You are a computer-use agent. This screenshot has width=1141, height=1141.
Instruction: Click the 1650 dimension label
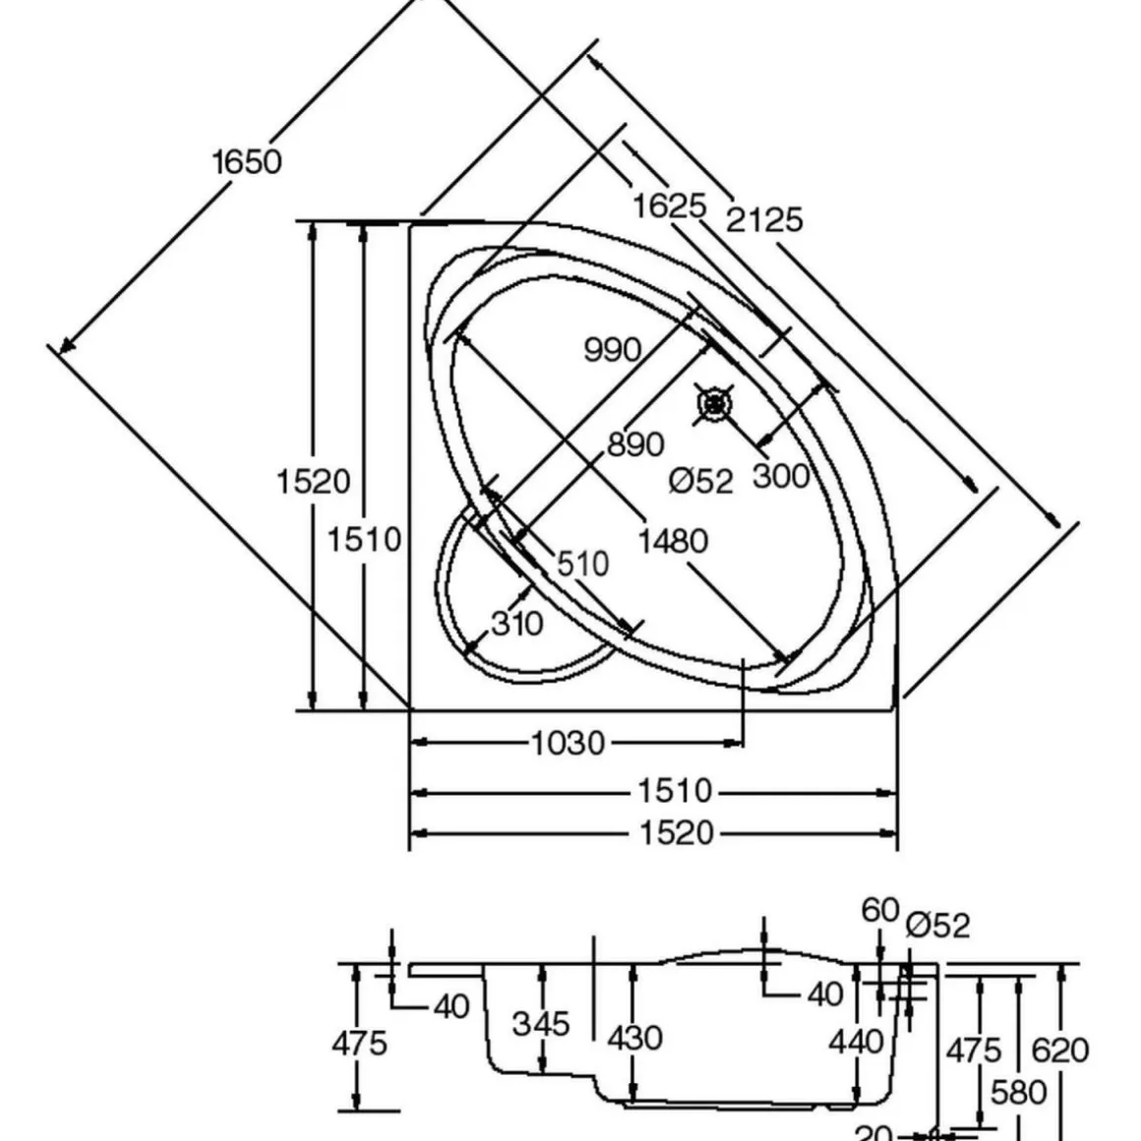[x=247, y=161]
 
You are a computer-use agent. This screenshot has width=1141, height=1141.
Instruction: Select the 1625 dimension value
[x=669, y=206]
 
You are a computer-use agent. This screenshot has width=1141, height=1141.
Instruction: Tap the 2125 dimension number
[x=764, y=218]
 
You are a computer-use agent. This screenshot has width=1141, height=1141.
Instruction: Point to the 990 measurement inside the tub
[x=612, y=349]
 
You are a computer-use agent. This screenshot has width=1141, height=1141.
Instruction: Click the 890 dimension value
[x=634, y=445]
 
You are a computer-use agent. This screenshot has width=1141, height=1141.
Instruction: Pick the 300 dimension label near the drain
[x=781, y=476]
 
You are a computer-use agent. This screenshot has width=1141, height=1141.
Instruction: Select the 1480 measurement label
[x=673, y=541]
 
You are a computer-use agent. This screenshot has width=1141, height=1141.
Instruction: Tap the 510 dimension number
[x=582, y=564]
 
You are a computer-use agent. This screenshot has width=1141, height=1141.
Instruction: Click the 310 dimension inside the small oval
[x=515, y=623]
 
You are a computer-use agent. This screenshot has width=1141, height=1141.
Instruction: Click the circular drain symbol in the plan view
[x=715, y=403]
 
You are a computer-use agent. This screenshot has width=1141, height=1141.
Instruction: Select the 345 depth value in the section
[x=541, y=1024]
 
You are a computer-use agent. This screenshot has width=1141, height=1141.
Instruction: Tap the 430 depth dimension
[x=634, y=1038]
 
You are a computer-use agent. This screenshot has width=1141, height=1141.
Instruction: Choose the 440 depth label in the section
[x=856, y=1041]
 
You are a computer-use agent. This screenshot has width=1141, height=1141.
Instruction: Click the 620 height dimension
[x=1059, y=1050]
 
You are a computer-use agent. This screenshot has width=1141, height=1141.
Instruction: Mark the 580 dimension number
[x=1018, y=1092]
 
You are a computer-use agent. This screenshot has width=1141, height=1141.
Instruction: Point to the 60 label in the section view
[x=880, y=911]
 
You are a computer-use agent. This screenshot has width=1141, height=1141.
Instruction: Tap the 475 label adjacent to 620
[x=973, y=1050]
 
